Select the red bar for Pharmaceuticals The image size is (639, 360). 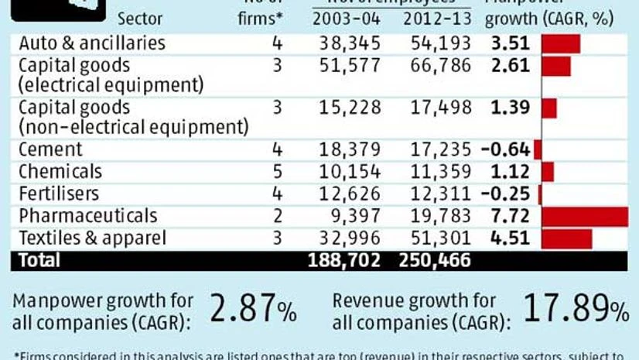click(585, 216)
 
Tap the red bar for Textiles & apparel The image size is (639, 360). click(567, 238)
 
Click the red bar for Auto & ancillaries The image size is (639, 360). click(561, 44)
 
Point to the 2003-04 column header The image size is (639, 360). click(350, 18)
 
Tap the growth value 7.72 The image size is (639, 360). click(511, 216)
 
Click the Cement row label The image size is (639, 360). click(50, 149)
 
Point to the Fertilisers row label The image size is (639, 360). click(60, 194)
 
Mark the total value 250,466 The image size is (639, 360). click(435, 261)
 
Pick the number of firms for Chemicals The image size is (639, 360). click(277, 171)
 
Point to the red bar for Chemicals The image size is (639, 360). click(548, 171)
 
